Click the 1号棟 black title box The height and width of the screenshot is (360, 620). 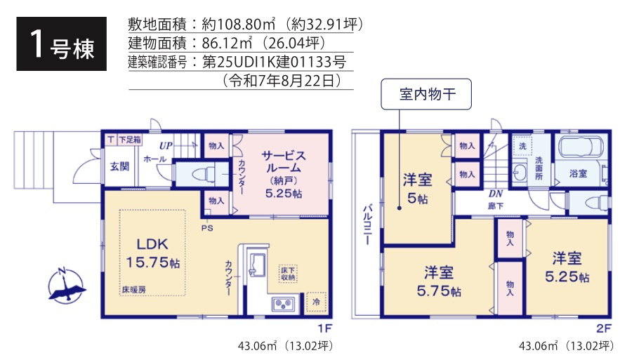pos(62,44)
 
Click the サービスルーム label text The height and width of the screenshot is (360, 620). pos(282,161)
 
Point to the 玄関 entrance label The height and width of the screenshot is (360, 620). pos(119,166)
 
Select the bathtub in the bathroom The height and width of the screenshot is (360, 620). pos(582,149)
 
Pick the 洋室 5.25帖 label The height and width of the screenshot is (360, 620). pos(566,266)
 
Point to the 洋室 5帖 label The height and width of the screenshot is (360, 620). pos(416,188)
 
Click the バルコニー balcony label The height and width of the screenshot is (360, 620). pos(367,224)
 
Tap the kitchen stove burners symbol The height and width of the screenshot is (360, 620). pos(284,304)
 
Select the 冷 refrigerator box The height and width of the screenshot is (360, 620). pos(316,301)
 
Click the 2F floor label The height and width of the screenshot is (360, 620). pos(604,328)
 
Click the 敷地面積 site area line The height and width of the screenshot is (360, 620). pos(244,25)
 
